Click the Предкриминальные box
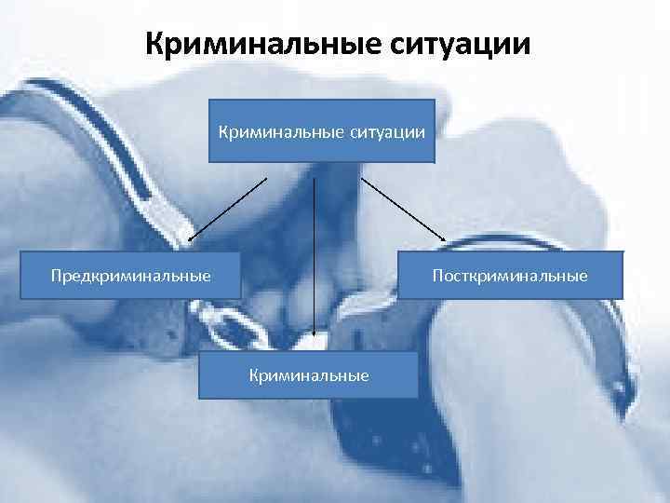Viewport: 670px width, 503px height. pyautogui.click(x=131, y=276)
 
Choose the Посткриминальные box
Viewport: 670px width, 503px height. pyautogui.click(x=511, y=276)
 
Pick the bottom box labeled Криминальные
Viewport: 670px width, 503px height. pyautogui.click(x=309, y=374)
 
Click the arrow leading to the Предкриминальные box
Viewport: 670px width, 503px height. pyautogui.click(x=227, y=209)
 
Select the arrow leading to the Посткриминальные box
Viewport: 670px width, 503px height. pyautogui.click(x=403, y=211)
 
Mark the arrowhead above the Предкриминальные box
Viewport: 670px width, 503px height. pyautogui.click(x=190, y=238)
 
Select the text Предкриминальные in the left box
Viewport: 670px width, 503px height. pyautogui.click(x=131, y=276)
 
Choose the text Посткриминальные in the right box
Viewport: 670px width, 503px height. pyautogui.click(x=511, y=276)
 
